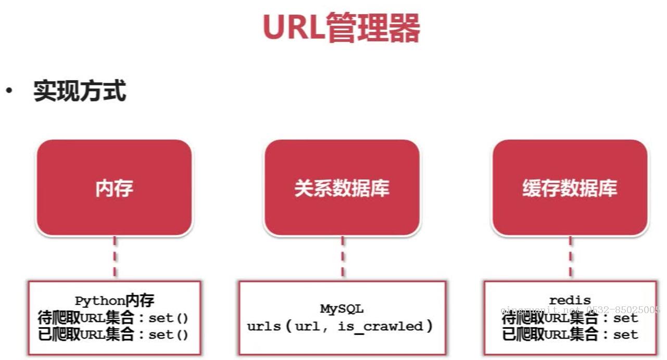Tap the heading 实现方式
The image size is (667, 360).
coord(80,92)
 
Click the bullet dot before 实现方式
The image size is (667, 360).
coord(9,91)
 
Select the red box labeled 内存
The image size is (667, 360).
coord(114,188)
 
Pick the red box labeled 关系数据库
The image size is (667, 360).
coord(342,188)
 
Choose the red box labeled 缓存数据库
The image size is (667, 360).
coord(570,188)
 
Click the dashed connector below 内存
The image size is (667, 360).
coord(115,258)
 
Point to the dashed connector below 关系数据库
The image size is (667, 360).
coord(342,258)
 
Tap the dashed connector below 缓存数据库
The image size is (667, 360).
coord(570,258)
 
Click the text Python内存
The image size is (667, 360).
coord(115,301)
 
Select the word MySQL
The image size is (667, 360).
coord(342,309)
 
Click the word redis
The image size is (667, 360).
coord(570,300)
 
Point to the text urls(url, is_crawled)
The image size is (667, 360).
coord(340,327)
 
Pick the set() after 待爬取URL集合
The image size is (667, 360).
coord(168,318)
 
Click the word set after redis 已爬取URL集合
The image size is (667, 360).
coord(625,334)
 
